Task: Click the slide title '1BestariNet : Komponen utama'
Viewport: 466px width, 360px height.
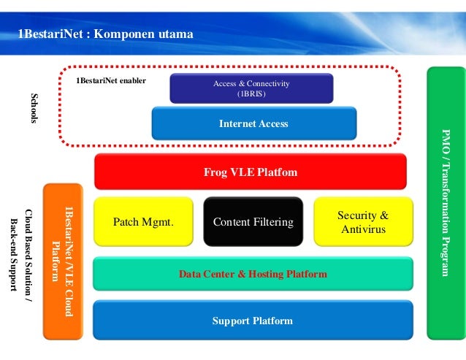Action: (x=105, y=34)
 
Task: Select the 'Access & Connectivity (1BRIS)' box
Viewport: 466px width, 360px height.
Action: (x=251, y=88)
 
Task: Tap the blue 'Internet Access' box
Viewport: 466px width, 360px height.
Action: (x=254, y=123)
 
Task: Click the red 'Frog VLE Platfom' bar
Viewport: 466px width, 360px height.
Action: (x=251, y=172)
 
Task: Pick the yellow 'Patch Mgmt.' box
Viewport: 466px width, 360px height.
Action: (x=144, y=221)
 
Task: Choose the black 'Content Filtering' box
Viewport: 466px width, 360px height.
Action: (x=253, y=221)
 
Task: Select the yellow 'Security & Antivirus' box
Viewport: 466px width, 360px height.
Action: (x=364, y=221)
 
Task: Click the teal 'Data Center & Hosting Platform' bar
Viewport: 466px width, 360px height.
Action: (x=253, y=274)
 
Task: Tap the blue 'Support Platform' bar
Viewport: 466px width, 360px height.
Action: (x=253, y=320)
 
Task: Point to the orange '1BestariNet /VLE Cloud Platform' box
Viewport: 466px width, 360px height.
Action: (x=63, y=261)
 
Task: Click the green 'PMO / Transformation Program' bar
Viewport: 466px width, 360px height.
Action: (x=446, y=203)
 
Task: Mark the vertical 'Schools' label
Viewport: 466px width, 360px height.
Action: (x=35, y=108)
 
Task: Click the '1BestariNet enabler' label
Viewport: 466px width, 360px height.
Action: (x=111, y=80)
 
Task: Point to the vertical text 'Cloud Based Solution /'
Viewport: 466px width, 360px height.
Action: (x=28, y=256)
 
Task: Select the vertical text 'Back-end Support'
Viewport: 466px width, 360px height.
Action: (x=14, y=255)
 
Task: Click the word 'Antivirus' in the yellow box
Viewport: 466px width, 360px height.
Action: (x=364, y=229)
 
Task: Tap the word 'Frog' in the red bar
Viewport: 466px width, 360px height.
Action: (x=215, y=172)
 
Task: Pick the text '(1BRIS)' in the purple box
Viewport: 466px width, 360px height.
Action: (x=251, y=93)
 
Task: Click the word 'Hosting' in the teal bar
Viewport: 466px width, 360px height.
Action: (x=266, y=274)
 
